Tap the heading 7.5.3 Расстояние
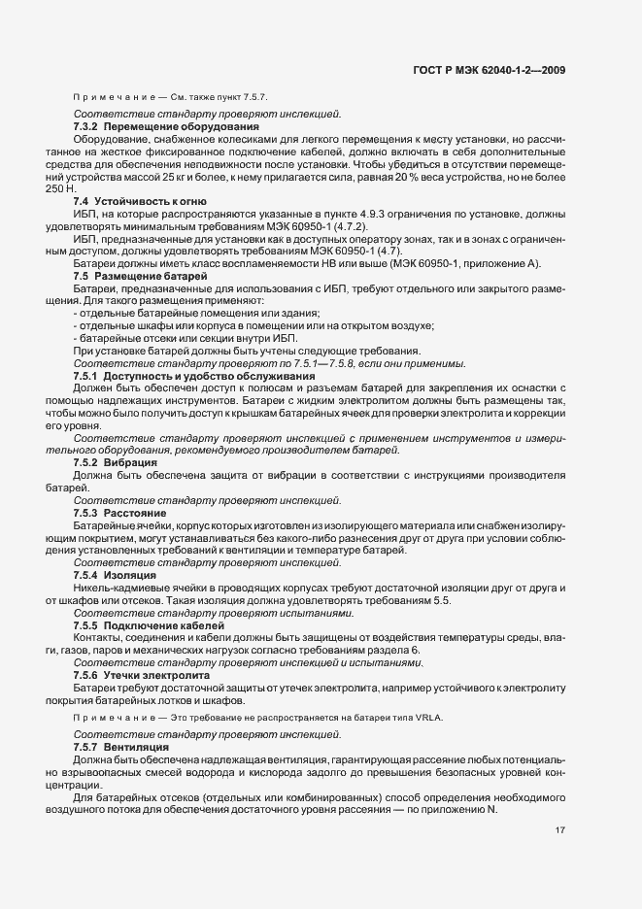119,512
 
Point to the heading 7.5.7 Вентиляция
122,748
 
